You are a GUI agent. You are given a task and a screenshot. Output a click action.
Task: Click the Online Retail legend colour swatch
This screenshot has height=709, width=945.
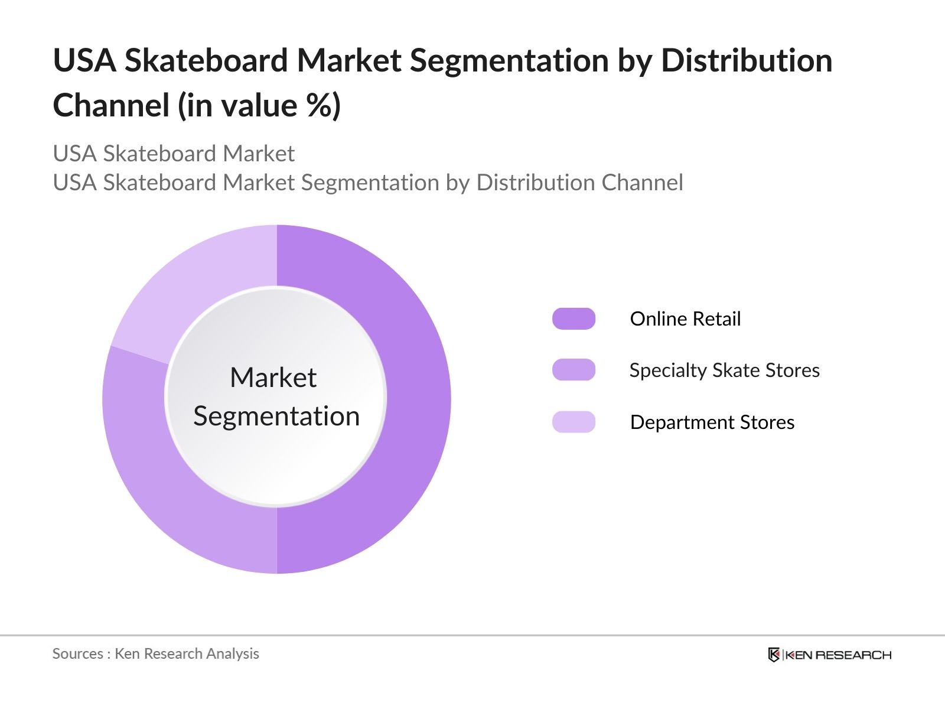(573, 318)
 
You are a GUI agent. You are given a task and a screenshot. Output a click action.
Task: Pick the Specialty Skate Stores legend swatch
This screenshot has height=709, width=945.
(573, 370)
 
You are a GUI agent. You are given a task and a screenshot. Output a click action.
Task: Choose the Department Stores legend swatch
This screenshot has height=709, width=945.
(573, 422)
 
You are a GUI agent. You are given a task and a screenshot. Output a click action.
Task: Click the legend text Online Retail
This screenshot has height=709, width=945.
(685, 319)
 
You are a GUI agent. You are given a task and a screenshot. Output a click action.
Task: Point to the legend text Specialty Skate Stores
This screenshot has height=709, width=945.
(724, 370)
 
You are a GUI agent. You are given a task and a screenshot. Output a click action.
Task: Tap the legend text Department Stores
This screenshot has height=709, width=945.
(712, 422)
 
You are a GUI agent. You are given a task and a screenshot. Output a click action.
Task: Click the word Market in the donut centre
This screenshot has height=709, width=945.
(273, 378)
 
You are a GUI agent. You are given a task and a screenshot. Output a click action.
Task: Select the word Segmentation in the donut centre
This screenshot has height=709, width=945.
(276, 417)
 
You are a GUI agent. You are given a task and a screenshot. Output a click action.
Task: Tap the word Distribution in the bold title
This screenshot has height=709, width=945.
(746, 61)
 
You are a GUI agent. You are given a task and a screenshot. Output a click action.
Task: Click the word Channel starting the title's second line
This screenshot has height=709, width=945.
(111, 106)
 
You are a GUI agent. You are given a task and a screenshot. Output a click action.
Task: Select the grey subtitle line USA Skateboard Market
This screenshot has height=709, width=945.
(174, 154)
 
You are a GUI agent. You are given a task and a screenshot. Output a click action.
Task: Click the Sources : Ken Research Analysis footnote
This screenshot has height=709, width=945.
(156, 653)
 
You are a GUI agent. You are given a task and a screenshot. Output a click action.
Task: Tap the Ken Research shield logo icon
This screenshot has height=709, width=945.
(774, 655)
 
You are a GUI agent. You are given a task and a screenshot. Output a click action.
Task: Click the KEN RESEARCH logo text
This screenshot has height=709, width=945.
(838, 655)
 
